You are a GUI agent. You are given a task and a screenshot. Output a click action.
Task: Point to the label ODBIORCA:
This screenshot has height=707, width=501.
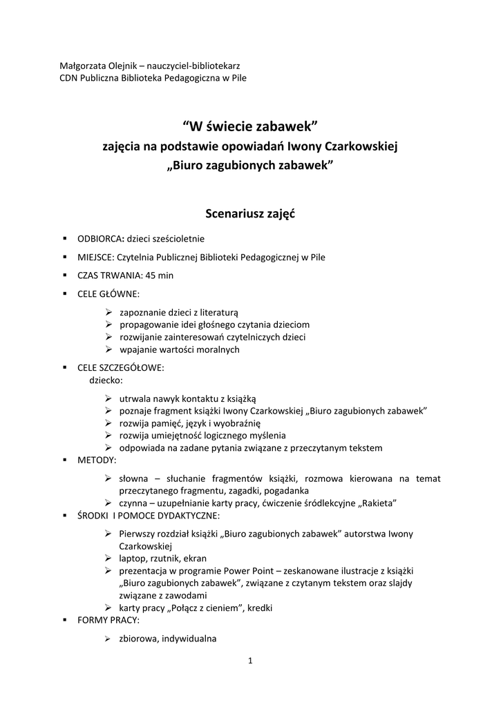click(x=100, y=239)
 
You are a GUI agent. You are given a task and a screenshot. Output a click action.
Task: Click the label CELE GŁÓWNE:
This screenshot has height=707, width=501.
click(x=108, y=293)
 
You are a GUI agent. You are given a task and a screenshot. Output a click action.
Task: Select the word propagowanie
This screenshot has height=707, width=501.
click(x=149, y=325)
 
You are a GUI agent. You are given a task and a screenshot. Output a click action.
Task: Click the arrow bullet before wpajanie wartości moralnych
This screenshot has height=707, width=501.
click(x=109, y=349)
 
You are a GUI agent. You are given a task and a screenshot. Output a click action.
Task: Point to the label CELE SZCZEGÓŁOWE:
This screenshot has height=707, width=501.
click(x=121, y=368)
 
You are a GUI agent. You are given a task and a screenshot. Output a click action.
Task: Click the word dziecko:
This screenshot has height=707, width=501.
click(x=106, y=380)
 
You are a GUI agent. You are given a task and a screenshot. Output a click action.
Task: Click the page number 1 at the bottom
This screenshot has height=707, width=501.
click(x=250, y=661)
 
